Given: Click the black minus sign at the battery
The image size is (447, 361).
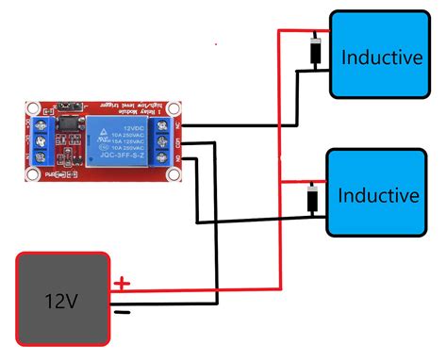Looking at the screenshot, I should [x=120, y=308].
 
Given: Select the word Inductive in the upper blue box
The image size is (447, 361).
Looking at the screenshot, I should [x=381, y=57].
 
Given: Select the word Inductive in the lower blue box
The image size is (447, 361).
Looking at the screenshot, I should [x=377, y=196].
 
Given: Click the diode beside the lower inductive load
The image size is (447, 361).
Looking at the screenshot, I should [x=312, y=199].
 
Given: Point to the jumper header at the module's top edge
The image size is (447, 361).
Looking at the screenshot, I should [x=66, y=107].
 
